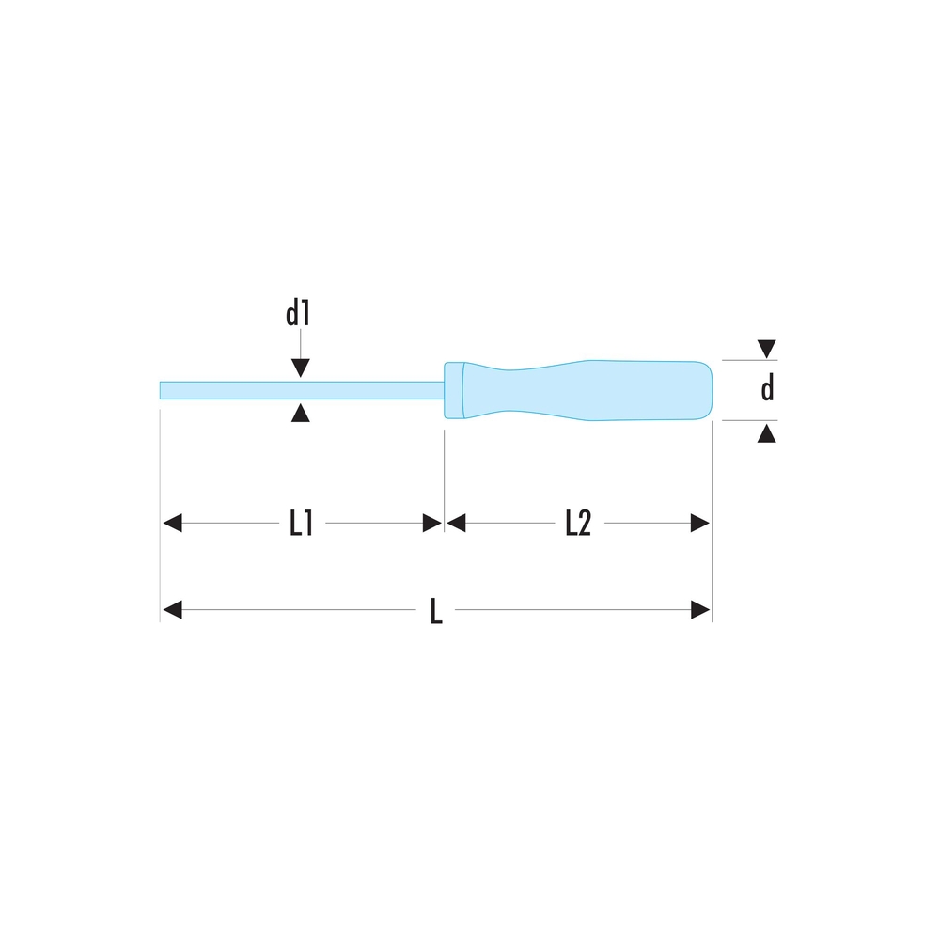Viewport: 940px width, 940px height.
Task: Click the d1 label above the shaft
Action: (298, 314)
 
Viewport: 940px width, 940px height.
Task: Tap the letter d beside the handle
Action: (767, 388)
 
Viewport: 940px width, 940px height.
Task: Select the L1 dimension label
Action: (302, 523)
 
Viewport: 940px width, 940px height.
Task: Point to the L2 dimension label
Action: (578, 523)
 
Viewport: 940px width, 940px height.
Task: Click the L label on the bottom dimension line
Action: (436, 611)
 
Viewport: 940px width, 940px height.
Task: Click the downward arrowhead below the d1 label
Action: (301, 368)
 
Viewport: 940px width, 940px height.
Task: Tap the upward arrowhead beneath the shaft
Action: (301, 413)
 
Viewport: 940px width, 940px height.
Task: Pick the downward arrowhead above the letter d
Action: (767, 349)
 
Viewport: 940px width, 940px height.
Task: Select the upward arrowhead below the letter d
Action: (767, 432)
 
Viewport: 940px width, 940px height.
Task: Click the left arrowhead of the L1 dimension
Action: (173, 523)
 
